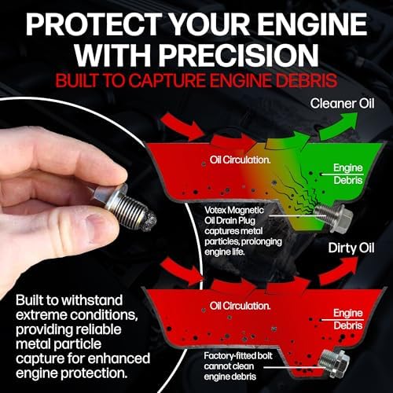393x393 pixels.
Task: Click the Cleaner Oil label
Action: point(342,104)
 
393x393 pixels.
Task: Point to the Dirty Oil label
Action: point(351,248)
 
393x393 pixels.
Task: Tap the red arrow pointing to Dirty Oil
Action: point(338,271)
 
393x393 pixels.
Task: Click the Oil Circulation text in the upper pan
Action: point(240,160)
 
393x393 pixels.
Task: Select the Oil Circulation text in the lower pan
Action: point(240,306)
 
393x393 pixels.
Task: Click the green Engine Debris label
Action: point(348,174)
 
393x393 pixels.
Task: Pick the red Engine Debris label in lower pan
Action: point(348,319)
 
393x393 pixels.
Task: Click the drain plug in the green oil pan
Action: point(333,217)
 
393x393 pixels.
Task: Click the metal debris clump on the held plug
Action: point(148,222)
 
